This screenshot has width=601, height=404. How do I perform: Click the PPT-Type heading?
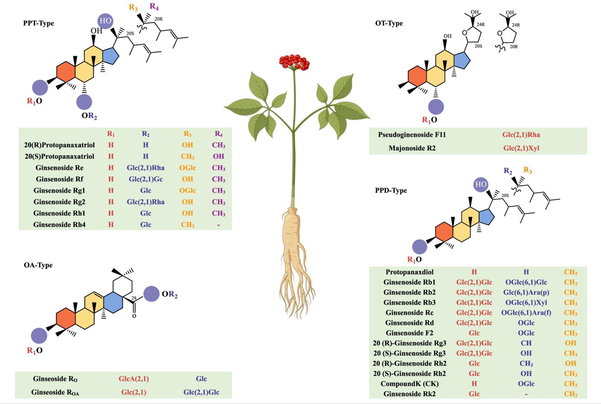point(38,23)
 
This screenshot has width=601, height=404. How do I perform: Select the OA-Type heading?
point(38,265)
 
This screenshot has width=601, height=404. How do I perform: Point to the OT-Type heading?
point(389,23)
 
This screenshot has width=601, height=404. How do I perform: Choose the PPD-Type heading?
point(391,190)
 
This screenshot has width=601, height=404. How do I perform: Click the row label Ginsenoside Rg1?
point(59,190)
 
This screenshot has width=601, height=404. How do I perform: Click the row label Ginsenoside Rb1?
point(409,282)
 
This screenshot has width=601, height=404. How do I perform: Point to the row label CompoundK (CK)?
point(409,384)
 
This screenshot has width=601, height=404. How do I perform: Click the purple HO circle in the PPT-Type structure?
point(105,21)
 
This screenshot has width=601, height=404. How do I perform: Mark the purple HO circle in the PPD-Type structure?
point(481,185)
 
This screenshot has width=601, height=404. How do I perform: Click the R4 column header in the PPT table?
point(218,134)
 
